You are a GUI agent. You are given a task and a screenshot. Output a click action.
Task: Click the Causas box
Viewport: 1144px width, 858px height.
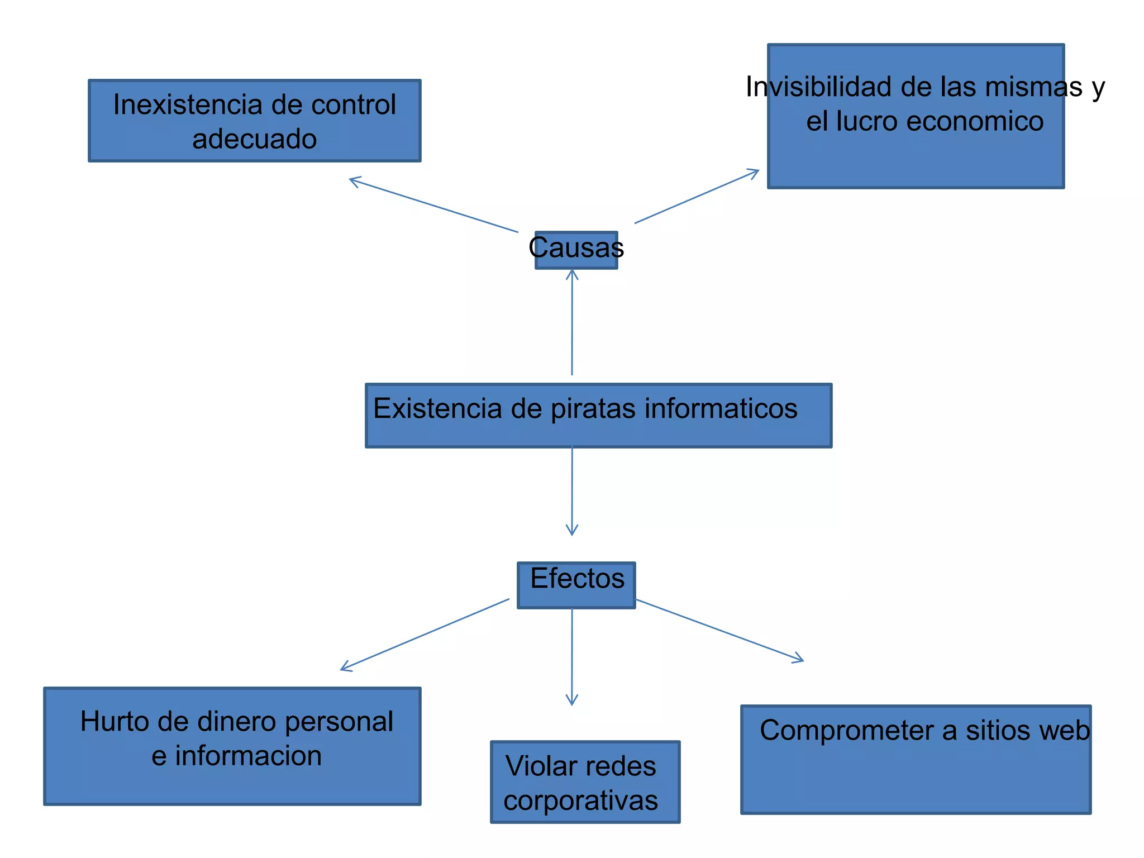pos(576,250)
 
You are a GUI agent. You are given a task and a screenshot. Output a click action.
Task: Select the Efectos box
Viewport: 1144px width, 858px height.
pos(576,584)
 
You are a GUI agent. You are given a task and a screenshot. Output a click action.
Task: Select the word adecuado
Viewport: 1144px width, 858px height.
pos(254,139)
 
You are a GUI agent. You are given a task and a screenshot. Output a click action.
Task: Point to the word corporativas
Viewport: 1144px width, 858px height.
pos(580,800)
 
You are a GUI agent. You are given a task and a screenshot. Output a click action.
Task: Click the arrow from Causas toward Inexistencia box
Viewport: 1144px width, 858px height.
pos(433,205)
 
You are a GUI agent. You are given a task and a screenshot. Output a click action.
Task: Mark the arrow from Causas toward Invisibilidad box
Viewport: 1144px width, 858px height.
pos(697,196)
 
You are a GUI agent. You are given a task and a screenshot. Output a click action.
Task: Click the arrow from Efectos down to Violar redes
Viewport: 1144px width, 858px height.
pos(572,656)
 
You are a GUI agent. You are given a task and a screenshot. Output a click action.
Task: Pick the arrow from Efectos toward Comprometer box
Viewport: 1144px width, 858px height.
pos(719,631)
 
